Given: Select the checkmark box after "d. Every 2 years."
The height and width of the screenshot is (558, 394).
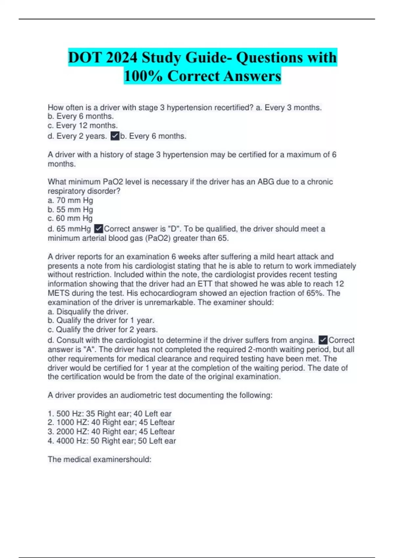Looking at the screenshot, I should point(115,136).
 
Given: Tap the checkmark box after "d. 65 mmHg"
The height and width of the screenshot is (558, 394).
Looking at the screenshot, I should point(98,229).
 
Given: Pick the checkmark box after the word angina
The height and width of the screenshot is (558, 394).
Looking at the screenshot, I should point(323,340).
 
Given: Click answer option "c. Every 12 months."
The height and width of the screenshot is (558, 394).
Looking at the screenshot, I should point(83,125).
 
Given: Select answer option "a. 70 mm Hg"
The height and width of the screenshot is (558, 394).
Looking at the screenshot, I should point(70,200).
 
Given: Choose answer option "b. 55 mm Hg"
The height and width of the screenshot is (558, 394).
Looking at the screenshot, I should point(70,209).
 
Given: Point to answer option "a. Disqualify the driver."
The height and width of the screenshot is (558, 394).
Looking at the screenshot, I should point(88,311).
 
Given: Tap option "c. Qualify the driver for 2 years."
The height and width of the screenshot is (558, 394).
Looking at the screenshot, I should point(102,330).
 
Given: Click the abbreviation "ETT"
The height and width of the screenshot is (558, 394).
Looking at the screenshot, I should point(205,284).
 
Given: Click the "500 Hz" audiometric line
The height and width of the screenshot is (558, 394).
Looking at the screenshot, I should point(110,414).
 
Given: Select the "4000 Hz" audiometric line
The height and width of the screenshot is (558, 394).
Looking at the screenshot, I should point(112,441).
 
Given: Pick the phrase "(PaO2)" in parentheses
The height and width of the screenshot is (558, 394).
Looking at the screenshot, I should point(158,238).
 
